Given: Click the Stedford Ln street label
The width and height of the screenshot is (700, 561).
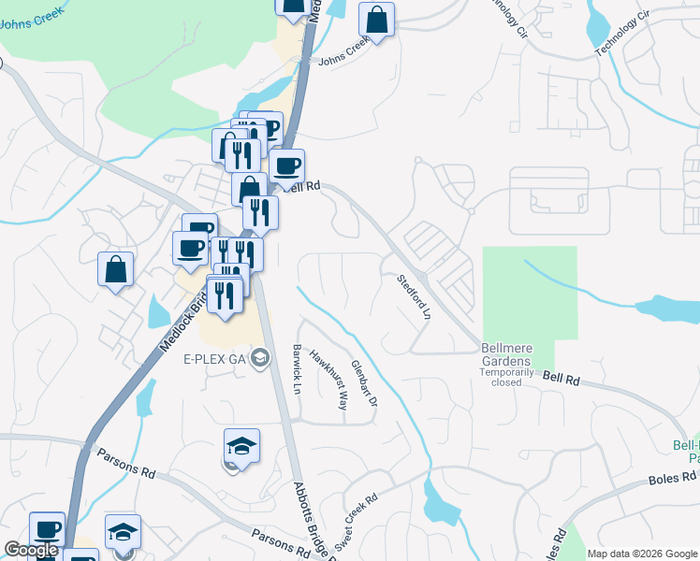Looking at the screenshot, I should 413,296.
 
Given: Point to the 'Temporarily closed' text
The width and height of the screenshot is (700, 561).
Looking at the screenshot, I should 505,377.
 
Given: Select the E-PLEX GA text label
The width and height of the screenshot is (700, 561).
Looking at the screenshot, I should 214,358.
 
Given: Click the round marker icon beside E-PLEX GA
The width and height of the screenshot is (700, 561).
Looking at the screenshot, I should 260,357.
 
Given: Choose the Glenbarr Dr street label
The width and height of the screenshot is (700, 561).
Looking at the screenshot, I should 363,384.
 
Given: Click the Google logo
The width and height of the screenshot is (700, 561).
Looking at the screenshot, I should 31,550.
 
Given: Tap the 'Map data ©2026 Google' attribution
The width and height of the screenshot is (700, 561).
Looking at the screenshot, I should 641,554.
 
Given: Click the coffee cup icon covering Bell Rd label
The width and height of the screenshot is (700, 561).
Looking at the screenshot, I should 287,166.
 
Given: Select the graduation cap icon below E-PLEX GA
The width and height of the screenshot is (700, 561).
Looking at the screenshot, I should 241,446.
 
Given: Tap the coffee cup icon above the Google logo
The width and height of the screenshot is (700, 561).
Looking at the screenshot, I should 47,528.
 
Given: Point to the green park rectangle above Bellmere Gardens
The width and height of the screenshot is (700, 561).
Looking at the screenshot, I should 530,290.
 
